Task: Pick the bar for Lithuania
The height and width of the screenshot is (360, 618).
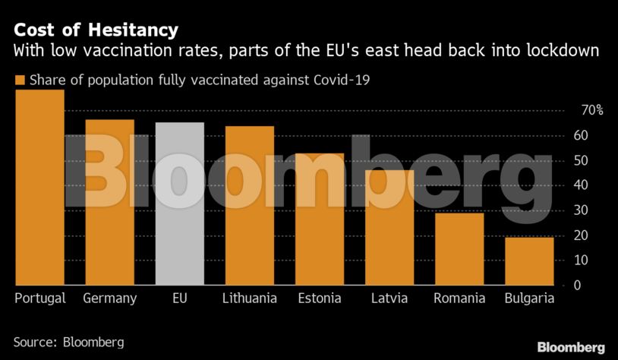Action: click(249, 205)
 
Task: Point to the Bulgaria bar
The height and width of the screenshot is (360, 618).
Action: click(529, 261)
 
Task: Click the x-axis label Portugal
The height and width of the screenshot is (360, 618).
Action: click(40, 298)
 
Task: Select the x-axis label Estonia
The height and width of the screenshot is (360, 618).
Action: click(320, 298)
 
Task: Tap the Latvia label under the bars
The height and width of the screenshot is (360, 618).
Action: click(389, 298)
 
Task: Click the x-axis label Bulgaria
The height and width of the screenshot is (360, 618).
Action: click(529, 298)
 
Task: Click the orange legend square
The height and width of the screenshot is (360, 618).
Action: click(20, 80)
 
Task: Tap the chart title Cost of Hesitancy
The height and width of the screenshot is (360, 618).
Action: click(96, 30)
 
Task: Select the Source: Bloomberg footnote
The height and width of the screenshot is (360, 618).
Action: click(68, 343)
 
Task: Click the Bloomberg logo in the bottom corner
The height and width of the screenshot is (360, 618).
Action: click(571, 347)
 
